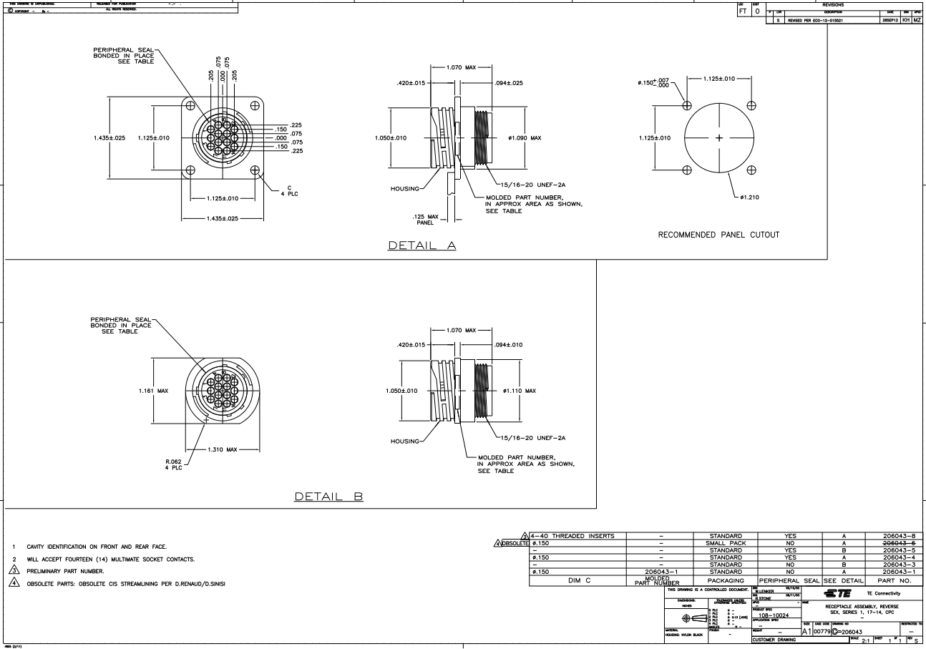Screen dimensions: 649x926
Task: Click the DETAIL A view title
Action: (421, 245)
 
